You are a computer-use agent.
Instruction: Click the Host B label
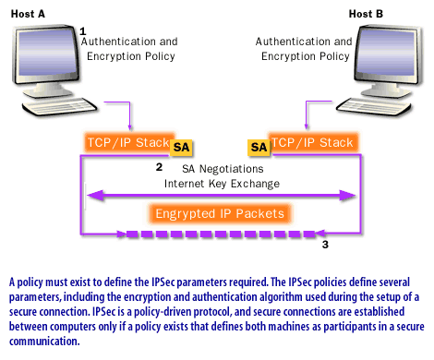(372, 11)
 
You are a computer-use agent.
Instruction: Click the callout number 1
(83, 30)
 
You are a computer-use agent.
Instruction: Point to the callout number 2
(159, 167)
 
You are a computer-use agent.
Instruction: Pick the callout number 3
(324, 246)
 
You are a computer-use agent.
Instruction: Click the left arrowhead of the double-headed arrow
(90, 195)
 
